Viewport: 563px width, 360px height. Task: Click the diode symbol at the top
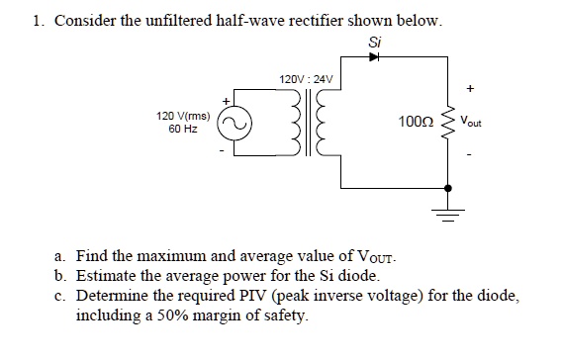tap(374, 57)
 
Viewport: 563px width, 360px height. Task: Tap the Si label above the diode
tap(373, 43)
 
